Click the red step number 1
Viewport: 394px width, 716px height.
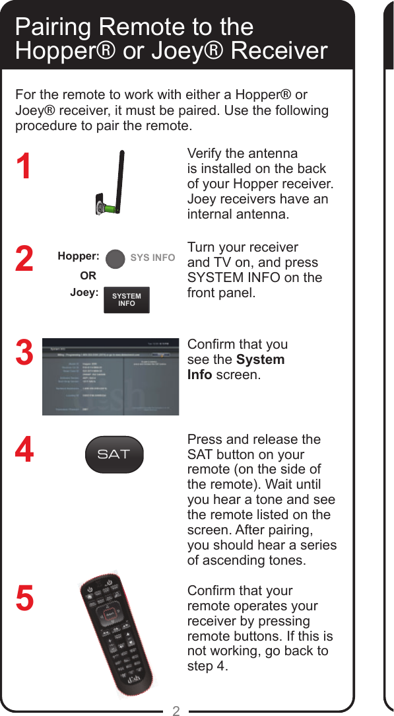[24, 166]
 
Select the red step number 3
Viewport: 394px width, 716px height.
[24, 352]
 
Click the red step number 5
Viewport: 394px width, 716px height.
[24, 598]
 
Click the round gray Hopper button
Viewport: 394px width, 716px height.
[115, 258]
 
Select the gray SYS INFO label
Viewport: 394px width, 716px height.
[152, 258]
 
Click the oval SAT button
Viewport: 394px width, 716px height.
[114, 454]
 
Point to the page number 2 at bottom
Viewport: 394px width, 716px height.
[176, 711]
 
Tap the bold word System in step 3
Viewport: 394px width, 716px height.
[260, 360]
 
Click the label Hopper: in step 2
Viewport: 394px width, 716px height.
[79, 256]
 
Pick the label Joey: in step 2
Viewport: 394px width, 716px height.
[84, 292]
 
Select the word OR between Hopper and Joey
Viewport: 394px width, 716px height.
[88, 275]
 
